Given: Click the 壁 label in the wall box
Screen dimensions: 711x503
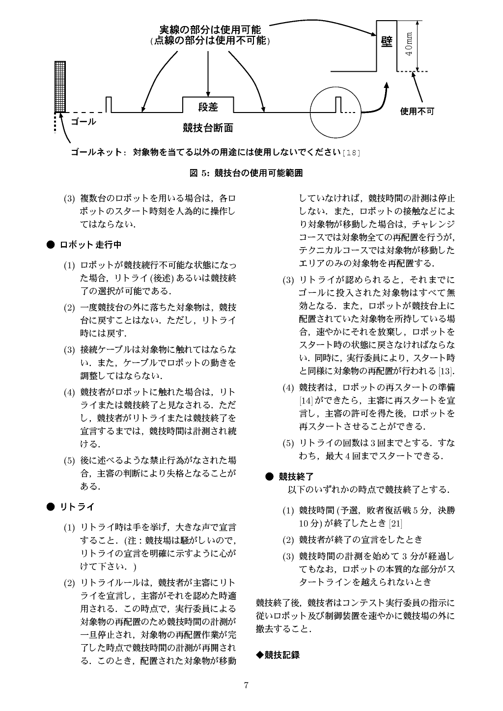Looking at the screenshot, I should pos(387,41).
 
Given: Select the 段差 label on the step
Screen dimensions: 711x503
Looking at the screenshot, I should pos(208,107).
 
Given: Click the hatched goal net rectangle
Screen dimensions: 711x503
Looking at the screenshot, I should pos(60,86).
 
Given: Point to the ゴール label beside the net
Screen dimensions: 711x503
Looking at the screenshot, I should pos(83,121).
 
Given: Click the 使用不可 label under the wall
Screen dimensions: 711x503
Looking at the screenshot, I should pos(417,112).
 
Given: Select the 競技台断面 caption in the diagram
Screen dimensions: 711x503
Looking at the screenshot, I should pos(208,129).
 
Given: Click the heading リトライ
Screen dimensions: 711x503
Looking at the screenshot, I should pos(77,507).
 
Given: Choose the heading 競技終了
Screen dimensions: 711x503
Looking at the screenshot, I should pos(296,476).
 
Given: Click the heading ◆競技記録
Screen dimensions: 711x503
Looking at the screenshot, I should pos(278,654).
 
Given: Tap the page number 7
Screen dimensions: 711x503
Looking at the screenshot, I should pos(246,686).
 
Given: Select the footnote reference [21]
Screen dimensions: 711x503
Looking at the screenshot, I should pos(395,523).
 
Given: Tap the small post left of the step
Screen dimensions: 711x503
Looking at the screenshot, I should pos(109,105).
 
